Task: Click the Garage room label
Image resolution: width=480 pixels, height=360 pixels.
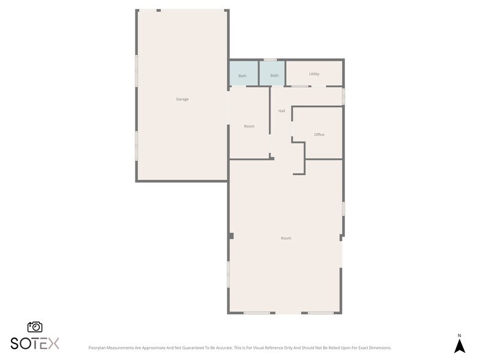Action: point(182,99)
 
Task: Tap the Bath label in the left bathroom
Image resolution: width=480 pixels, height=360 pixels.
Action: point(242,76)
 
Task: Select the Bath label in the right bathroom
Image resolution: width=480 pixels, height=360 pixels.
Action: point(274,76)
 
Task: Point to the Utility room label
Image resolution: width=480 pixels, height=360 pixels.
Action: point(314,74)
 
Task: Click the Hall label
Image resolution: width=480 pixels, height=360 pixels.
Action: point(282,111)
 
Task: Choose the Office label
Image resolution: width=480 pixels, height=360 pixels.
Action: point(319,135)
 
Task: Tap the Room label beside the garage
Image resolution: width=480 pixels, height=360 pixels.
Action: point(249,126)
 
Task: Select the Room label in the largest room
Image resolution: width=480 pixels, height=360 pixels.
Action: point(286,238)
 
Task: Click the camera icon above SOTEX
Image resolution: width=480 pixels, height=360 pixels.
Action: point(35,327)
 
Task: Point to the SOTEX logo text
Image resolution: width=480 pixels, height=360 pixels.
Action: point(35,343)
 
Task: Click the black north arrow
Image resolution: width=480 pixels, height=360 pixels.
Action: point(459,346)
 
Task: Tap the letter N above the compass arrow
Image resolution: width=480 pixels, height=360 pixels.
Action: point(459,335)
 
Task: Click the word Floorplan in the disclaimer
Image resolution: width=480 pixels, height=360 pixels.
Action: point(100,348)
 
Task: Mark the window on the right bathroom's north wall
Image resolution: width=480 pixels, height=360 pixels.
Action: point(270,59)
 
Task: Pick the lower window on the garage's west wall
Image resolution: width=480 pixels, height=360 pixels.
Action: point(136,145)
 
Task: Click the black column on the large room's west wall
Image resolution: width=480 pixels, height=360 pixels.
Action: point(231,236)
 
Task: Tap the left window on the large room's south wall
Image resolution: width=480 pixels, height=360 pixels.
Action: point(257,313)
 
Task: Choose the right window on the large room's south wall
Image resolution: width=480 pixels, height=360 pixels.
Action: point(321,313)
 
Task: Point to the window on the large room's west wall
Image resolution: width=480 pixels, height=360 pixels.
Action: point(229,274)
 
